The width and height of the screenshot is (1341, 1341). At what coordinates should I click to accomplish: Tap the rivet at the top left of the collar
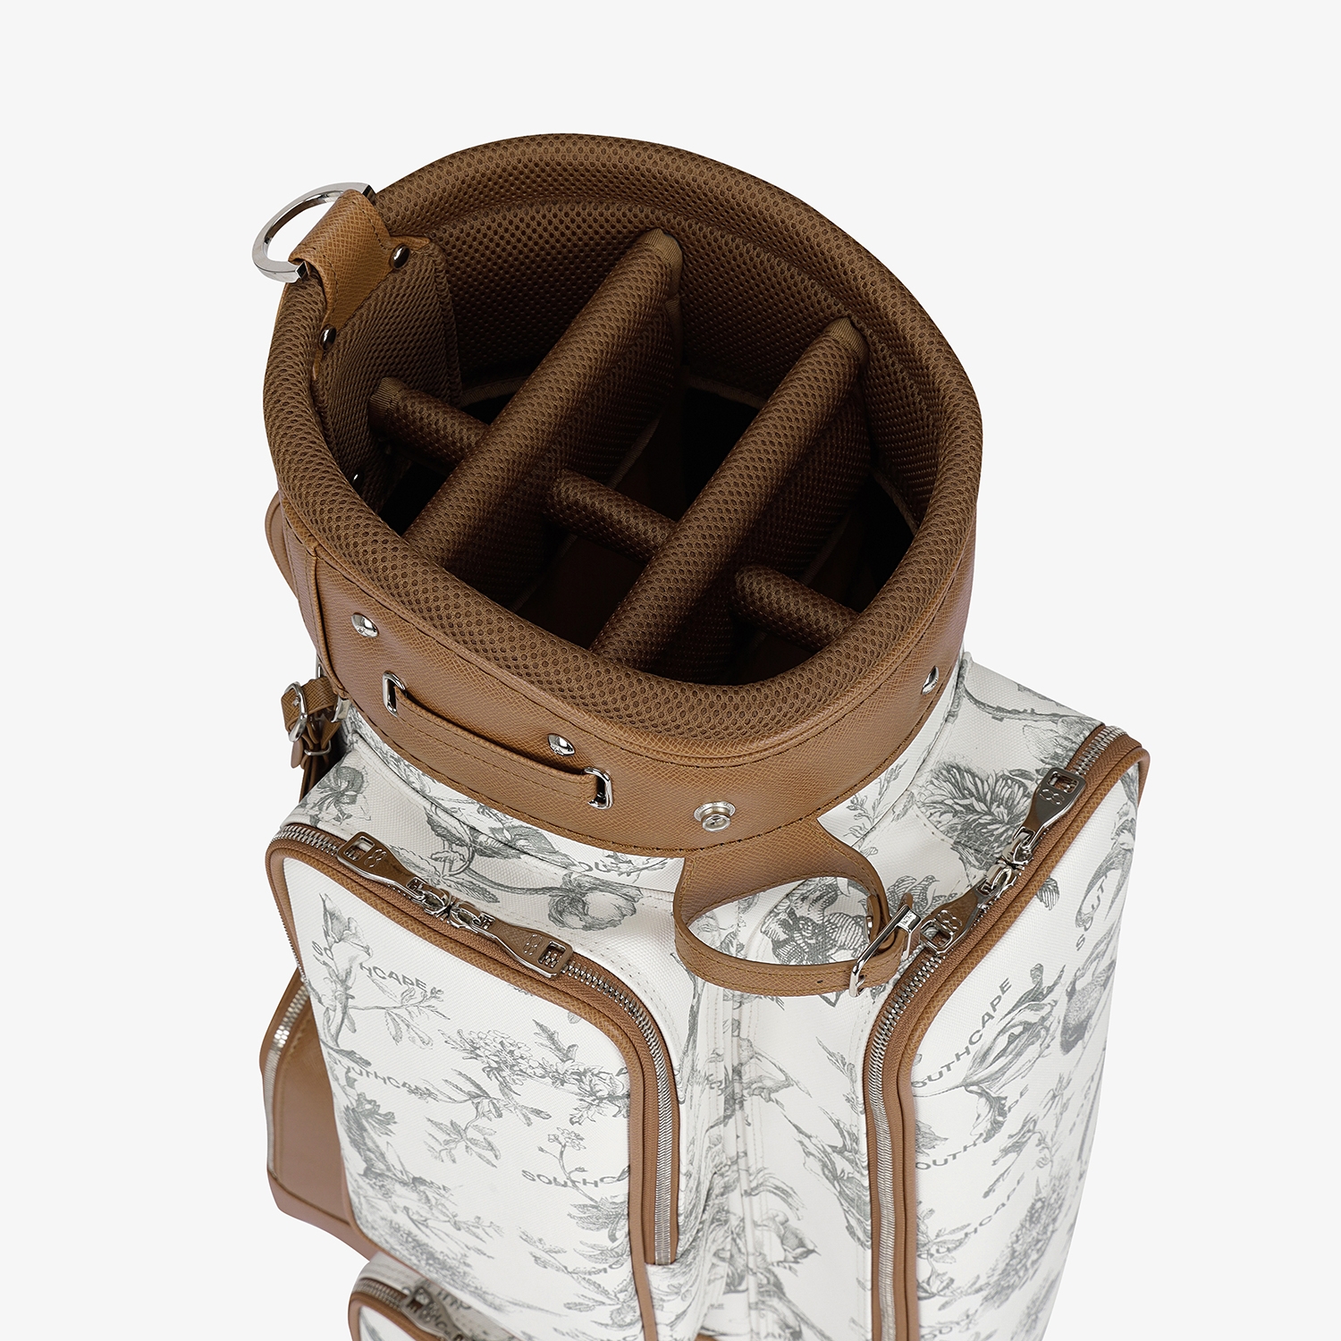pyautogui.click(x=365, y=624)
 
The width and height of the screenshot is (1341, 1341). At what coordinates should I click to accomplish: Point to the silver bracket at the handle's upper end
pyautogui.click(x=392, y=693)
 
